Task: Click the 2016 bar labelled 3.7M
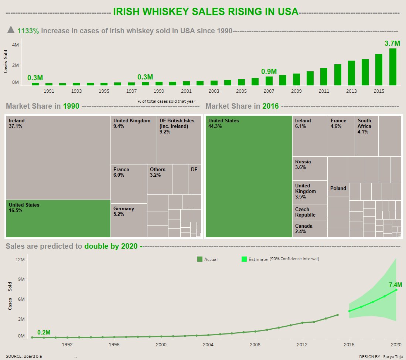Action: click(x=393, y=67)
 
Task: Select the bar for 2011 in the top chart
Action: click(x=324, y=77)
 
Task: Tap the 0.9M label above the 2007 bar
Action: click(x=269, y=72)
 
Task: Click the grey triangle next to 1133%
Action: click(x=11, y=30)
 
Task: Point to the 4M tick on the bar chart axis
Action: click(x=16, y=45)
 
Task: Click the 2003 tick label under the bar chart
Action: click(x=214, y=91)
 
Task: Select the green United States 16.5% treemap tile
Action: click(x=58, y=218)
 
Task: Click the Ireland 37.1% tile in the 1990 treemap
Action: click(x=58, y=157)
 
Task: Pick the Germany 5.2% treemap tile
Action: click(x=129, y=220)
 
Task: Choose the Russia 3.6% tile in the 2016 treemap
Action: click(x=310, y=169)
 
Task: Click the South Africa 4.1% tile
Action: click(x=366, y=136)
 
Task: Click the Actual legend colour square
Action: click(x=200, y=259)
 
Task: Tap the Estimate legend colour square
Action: click(x=244, y=259)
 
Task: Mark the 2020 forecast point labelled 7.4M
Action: click(x=396, y=290)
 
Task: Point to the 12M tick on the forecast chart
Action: click(x=19, y=259)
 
